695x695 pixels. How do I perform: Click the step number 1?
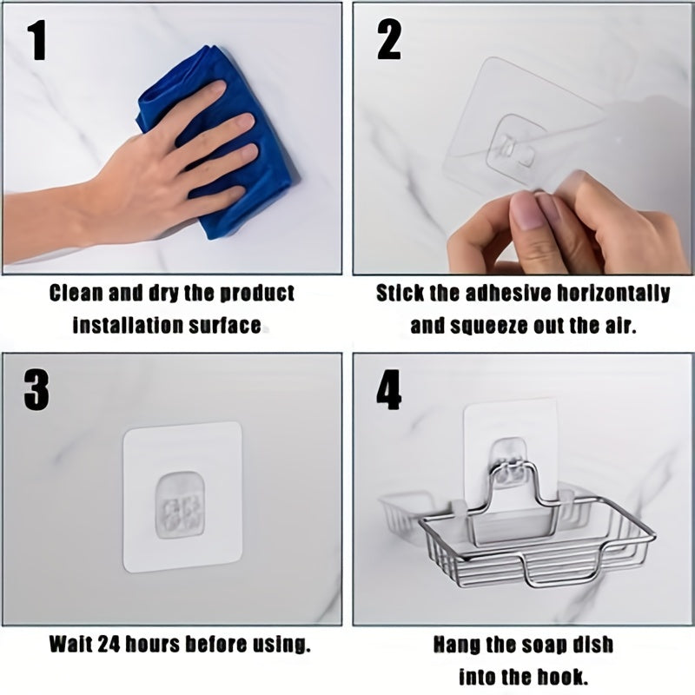(37, 41)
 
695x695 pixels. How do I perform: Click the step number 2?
(389, 41)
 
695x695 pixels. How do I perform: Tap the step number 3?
(36, 390)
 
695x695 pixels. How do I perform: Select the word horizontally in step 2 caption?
(613, 294)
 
